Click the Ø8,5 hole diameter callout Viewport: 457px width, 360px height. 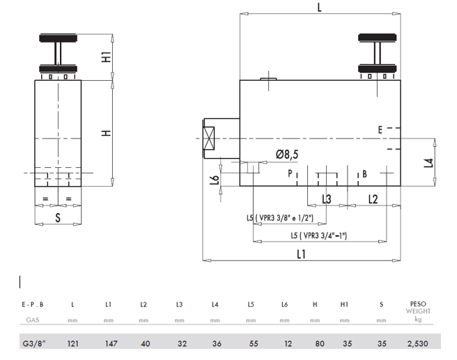tap(287, 155)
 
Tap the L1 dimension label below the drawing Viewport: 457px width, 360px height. tap(302, 254)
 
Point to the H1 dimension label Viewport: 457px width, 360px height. tap(107, 56)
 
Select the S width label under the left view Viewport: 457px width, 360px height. tap(58, 217)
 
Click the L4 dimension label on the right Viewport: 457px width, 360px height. tap(428, 163)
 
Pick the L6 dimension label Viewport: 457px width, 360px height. tap(215, 180)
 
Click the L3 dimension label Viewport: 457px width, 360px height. tap(327, 199)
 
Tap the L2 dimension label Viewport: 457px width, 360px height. tap(373, 199)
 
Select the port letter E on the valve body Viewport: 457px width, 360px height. tap(380, 130)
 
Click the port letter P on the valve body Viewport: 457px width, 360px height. tap(290, 173)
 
